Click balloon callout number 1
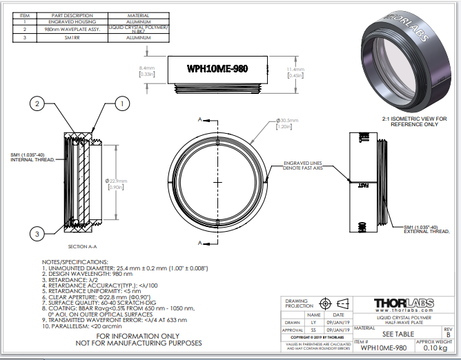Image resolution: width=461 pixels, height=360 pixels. [x=122, y=103]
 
